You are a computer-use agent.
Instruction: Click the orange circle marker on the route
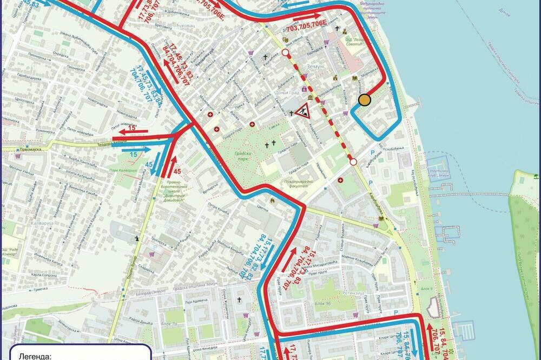point(365,100)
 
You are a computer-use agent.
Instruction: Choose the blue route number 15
point(133,155)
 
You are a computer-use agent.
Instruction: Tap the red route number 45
point(177,172)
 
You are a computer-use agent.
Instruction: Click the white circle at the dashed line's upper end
point(285,53)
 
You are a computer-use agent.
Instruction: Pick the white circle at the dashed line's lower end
point(353,162)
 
